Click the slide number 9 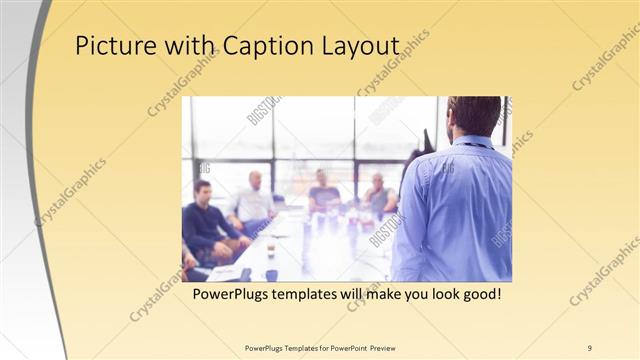590,347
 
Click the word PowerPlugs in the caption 230,296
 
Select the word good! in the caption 479,296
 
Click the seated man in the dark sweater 208,220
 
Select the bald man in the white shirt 253,200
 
